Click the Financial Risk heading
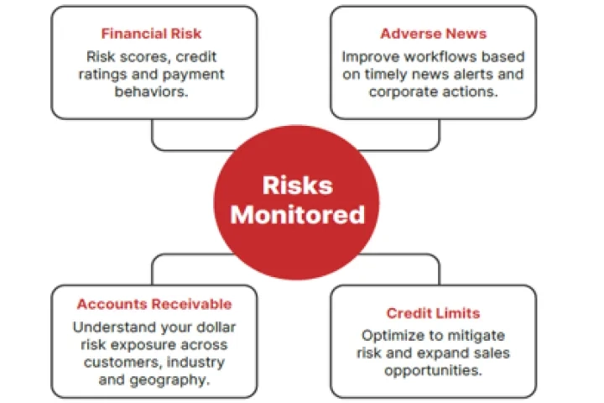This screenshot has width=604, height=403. pos(151,34)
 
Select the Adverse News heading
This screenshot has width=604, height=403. pos(433,34)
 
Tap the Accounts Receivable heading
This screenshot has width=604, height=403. pos(154,304)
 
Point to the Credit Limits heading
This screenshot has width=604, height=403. pos(433,313)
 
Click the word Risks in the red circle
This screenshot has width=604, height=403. pos(297,186)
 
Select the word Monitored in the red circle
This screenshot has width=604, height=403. pos(298,214)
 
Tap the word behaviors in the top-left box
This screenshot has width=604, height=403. pos(151,90)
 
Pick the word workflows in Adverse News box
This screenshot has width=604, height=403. pos(436,56)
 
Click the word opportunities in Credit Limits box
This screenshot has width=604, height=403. pos(434,369)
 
